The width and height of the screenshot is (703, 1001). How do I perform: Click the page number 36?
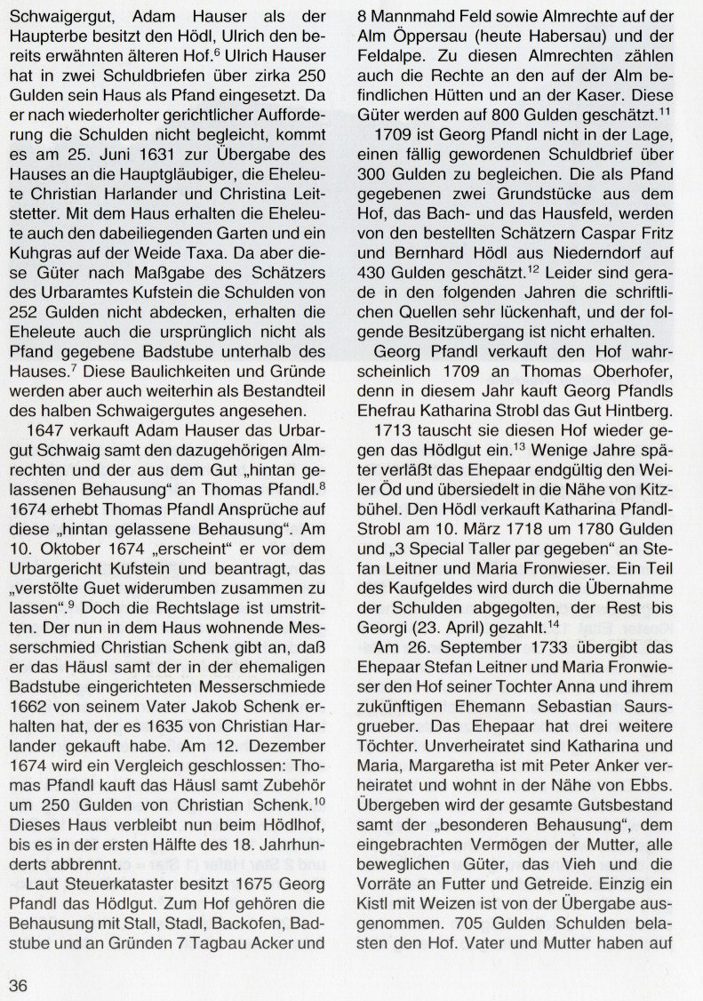click(19, 982)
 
